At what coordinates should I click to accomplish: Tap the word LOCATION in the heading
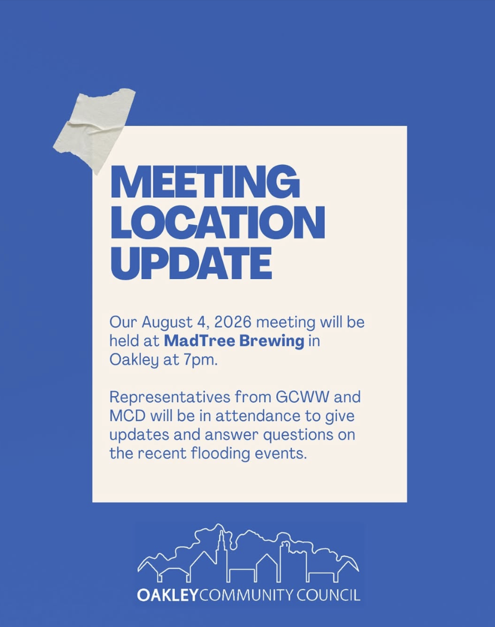pyautogui.click(x=218, y=222)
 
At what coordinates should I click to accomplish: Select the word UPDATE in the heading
pyautogui.click(x=191, y=263)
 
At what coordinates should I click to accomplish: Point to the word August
pyautogui.click(x=167, y=322)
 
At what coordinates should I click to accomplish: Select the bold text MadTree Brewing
pyautogui.click(x=234, y=341)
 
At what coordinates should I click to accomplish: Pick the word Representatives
pyautogui.click(x=170, y=397)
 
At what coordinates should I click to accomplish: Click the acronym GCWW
pyautogui.click(x=302, y=397)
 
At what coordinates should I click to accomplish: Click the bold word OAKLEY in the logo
pyautogui.click(x=168, y=595)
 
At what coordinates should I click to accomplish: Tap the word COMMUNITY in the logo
pyautogui.click(x=246, y=595)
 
